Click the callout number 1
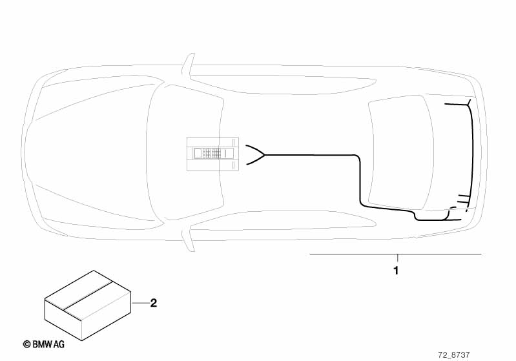click(396, 271)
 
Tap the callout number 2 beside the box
click(153, 303)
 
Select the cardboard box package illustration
click(88, 305)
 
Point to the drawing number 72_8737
click(454, 355)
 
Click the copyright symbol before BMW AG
click(27, 345)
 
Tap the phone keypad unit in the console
click(212, 154)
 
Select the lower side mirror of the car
click(188, 238)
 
